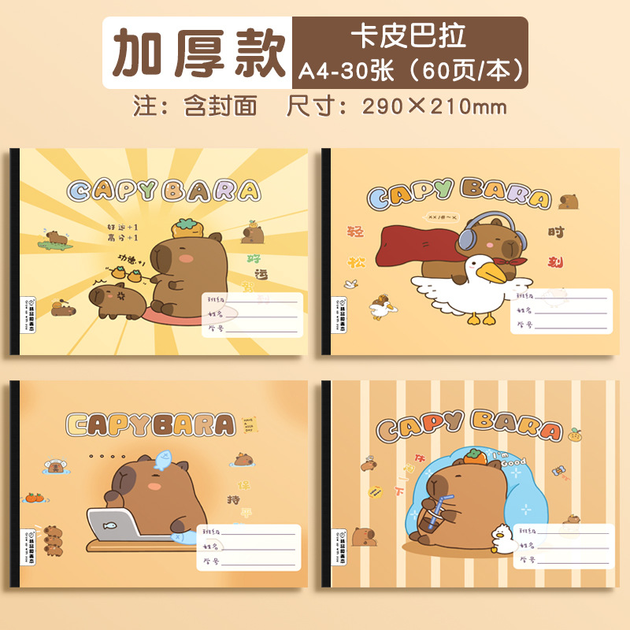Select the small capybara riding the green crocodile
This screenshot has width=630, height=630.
tap(56, 235)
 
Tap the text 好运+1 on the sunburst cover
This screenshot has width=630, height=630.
tap(122, 227)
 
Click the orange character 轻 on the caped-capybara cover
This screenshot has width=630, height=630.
tap(355, 232)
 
